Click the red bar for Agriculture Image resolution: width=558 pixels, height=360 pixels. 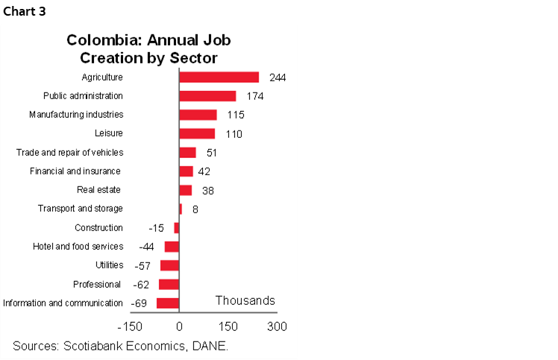[x=219, y=77]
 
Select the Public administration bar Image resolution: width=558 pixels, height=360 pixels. [x=207, y=96]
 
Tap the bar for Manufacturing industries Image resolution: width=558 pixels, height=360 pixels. [x=198, y=115]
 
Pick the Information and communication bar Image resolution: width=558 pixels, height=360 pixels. [x=167, y=303]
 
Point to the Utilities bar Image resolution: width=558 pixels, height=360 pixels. [x=169, y=265]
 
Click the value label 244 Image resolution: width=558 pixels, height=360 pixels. [x=278, y=78]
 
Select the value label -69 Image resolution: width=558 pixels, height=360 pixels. [x=139, y=303]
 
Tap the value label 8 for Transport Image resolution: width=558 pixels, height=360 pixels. [x=195, y=209]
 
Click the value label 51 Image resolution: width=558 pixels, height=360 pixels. [x=213, y=153]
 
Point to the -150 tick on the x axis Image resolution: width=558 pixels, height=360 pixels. [x=129, y=326]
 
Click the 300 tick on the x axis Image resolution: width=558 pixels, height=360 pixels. [x=277, y=326]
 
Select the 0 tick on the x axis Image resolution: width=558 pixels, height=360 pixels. [x=179, y=326]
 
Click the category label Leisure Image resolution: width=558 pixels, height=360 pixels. [x=109, y=133]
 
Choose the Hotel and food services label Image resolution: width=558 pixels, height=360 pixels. [x=78, y=247]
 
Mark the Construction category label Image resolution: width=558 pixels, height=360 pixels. [x=98, y=227]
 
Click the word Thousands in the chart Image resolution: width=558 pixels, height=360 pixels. [x=245, y=300]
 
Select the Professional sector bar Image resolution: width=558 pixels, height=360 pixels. [x=169, y=284]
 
